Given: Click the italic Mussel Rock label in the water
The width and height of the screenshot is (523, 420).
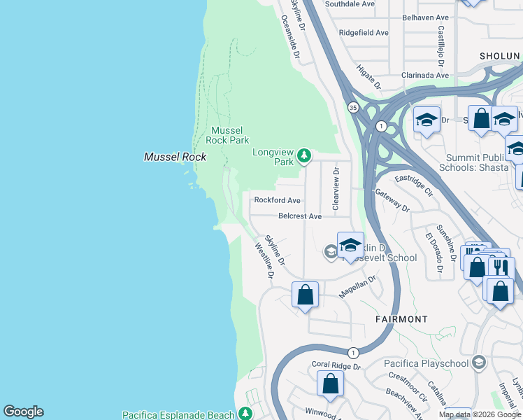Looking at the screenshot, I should tap(175, 157).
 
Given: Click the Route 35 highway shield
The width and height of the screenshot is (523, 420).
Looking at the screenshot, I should tap(353, 107).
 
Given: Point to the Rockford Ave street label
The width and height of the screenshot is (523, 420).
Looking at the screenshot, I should tap(277, 199).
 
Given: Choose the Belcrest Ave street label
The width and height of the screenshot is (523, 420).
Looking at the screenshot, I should tap(299, 216).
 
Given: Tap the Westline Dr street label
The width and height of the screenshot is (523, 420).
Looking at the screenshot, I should tap(264, 259).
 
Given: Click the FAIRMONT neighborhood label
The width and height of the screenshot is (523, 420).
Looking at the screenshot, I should tap(401, 319).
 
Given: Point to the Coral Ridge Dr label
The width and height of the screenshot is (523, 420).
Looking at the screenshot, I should tap(336, 365).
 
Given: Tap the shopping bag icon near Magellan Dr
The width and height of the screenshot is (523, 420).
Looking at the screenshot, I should tap(306, 295).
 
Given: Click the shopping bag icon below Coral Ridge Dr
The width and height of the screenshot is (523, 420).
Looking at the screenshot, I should tap(330, 384).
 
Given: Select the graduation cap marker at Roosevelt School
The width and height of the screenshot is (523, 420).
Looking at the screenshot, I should tap(350, 245).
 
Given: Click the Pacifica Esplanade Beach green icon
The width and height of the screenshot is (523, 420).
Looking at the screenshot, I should tap(245, 414).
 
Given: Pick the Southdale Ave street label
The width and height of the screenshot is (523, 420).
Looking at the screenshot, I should tap(350, 4).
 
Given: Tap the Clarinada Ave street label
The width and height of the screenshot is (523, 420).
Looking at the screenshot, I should tap(424, 75).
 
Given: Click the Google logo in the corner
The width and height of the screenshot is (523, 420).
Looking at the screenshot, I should tap(23, 412).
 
